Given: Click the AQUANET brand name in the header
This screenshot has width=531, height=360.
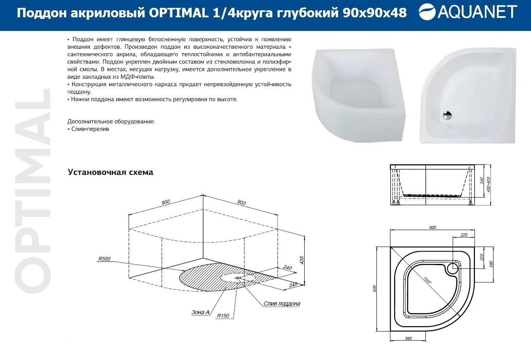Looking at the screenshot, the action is (477, 12).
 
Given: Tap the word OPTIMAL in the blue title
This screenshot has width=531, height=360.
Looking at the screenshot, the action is (179, 12).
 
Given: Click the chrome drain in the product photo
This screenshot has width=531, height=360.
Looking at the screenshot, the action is (447, 115).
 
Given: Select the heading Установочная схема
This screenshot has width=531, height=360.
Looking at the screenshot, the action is (110, 172).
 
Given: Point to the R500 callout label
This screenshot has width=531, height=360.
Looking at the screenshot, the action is (104, 259).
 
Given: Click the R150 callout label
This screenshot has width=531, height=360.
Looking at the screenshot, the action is (223, 315).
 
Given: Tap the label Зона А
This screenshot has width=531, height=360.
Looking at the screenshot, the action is (200, 312).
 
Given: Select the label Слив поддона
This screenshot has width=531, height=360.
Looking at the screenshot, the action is (282, 304).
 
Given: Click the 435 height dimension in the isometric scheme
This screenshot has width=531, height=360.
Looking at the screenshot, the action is (302, 260).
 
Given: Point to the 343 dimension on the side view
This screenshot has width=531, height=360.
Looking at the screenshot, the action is (482, 181).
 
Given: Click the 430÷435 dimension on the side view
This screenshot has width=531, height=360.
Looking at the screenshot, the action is (488, 184).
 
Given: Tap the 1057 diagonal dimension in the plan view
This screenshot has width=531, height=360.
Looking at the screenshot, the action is (428, 280).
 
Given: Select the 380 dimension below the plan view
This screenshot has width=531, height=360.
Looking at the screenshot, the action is (408, 339).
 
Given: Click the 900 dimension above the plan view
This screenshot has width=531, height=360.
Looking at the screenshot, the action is (432, 228).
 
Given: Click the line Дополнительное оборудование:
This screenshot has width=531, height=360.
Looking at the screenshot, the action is (111, 121).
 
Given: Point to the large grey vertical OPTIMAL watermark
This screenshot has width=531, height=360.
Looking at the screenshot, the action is (32, 191).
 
